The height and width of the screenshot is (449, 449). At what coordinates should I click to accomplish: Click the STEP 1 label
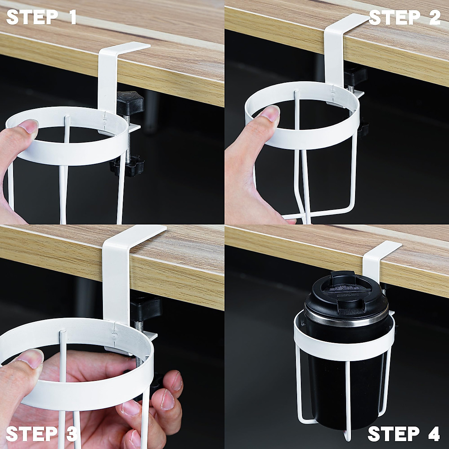[x=42, y=17]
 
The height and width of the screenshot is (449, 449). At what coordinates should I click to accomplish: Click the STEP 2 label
[x=404, y=17]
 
